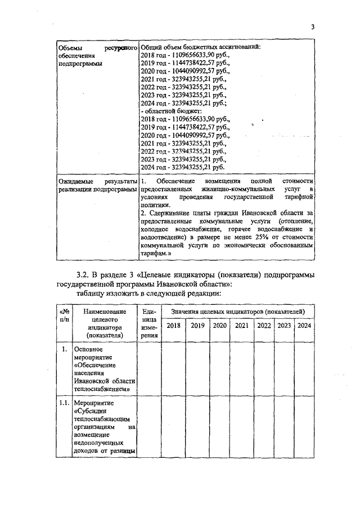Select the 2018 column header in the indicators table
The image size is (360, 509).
(174, 326)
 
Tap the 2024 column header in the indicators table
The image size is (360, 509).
(304, 326)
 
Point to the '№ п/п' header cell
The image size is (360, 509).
(64, 315)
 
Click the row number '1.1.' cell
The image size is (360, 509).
(64, 403)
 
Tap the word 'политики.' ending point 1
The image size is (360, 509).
(154, 206)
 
